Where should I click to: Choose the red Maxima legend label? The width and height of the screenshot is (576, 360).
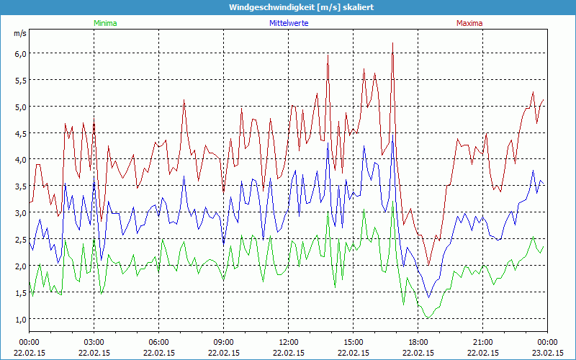(469, 23)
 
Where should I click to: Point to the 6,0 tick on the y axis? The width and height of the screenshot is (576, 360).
(19, 53)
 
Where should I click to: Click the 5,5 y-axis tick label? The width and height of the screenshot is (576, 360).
(19, 80)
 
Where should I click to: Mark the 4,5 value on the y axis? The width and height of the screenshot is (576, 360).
(19, 133)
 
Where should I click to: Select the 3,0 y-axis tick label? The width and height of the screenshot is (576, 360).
(19, 212)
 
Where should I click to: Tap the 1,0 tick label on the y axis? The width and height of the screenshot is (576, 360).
(19, 319)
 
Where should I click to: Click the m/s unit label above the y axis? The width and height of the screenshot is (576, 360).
(19, 33)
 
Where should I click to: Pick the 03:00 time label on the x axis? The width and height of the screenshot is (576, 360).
(94, 342)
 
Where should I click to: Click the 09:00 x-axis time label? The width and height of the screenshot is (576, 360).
(224, 342)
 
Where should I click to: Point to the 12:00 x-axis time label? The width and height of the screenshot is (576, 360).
(289, 342)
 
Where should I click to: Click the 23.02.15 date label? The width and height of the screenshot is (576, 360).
(547, 353)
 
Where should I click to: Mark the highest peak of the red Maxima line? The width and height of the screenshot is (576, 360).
(392, 43)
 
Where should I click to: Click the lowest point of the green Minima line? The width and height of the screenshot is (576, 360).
(428, 318)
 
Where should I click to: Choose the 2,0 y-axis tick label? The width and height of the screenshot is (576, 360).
(19, 266)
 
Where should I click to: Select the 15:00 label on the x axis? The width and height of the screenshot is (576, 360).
(354, 342)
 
